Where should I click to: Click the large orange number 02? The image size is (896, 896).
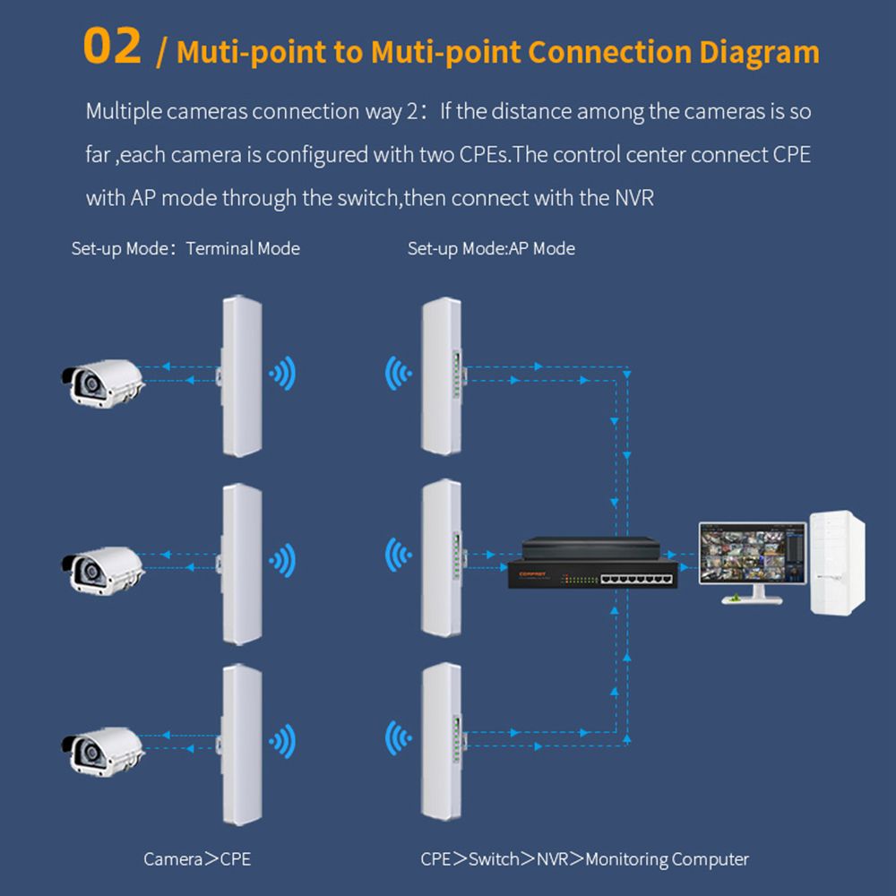(x=112, y=47)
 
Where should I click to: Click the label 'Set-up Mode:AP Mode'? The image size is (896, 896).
(x=491, y=248)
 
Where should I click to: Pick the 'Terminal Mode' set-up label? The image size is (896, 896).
(x=243, y=248)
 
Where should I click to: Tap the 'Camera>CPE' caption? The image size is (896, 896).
(x=197, y=859)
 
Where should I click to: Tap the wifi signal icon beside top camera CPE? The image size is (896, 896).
(x=284, y=374)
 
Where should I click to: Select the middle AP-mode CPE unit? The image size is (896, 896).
(x=442, y=557)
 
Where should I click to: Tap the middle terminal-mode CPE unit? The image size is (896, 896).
(x=241, y=563)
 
